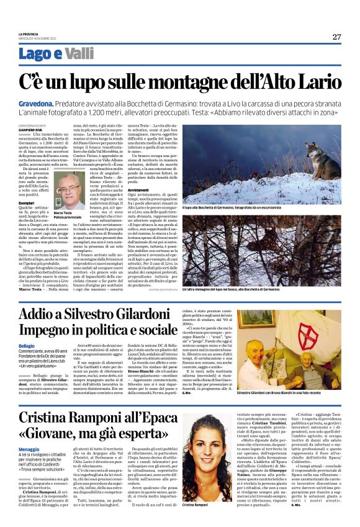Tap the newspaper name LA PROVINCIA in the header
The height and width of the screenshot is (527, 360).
[x=29, y=34]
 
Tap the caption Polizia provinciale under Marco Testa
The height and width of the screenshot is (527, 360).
[x=68, y=220]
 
